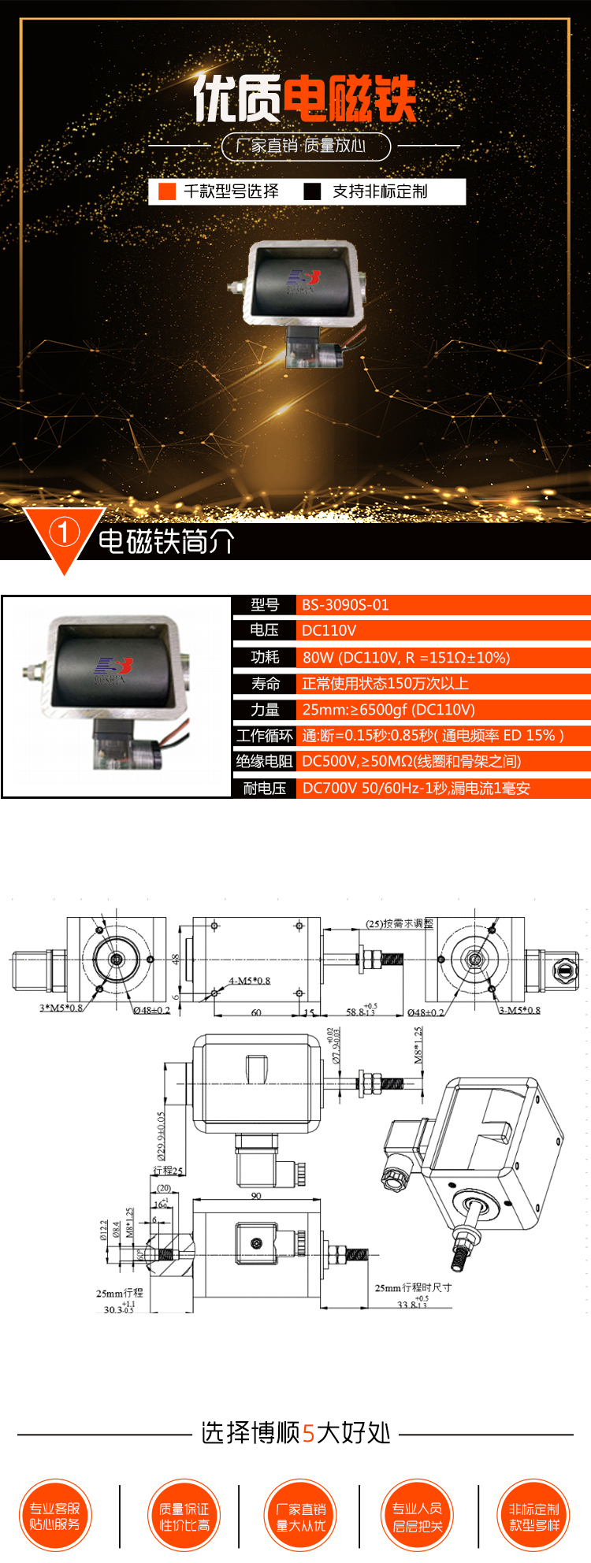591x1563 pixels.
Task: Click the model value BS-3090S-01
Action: pos(345,605)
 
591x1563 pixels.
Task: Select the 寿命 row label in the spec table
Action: pos(265,683)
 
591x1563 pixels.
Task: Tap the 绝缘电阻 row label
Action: pos(264,761)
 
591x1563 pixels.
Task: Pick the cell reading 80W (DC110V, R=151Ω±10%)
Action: pos(406,657)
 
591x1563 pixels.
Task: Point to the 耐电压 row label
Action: pos(264,788)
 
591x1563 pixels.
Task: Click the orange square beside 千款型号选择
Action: pos(167,191)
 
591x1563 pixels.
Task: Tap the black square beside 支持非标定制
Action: pos(313,191)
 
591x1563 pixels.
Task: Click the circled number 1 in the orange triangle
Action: pos(64,533)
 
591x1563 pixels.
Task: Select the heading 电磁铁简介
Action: pos(165,542)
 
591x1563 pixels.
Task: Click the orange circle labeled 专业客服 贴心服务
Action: pos(55,1516)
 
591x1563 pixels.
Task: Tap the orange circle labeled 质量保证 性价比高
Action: pos(184,1516)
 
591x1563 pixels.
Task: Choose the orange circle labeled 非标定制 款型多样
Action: pos(534,1516)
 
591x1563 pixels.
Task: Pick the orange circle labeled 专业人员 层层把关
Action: pos(418,1516)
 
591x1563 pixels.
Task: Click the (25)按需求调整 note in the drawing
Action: pos(400,923)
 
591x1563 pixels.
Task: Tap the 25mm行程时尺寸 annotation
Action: pos(413,1287)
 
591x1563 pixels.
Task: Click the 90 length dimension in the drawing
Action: pos(256,1195)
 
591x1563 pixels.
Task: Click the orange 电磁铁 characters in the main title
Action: pos(349,99)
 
